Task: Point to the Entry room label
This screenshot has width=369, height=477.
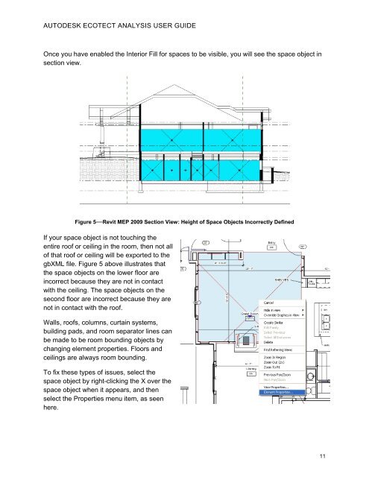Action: click(272, 243)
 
